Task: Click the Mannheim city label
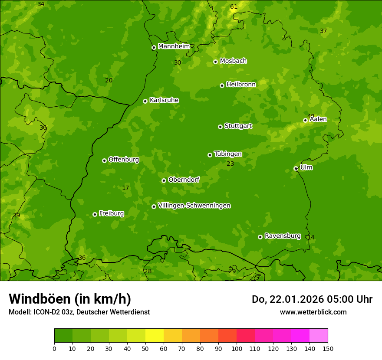174,46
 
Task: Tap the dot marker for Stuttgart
220,127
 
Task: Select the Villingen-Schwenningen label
194,206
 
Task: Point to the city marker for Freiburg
95,214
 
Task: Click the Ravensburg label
283,236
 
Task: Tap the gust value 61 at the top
234,7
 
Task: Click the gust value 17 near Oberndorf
125,188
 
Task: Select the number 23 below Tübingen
230,164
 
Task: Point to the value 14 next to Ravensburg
311,237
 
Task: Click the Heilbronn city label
241,84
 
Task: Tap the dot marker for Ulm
296,168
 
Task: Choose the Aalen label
318,119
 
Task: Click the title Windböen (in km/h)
70,299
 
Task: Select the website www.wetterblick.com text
313,312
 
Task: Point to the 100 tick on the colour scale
237,349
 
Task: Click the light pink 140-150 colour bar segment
319,336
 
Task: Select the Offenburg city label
124,160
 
